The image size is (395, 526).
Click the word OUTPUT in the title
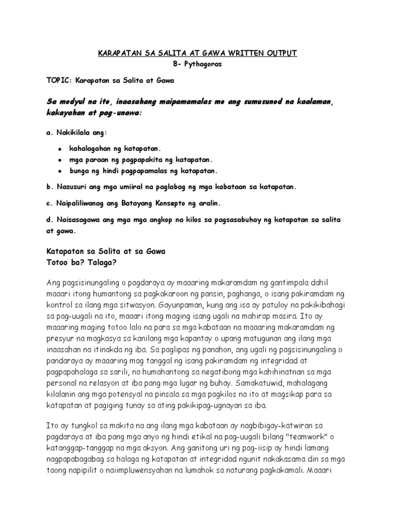(279, 53)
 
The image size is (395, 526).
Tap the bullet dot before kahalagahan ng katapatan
(61, 148)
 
